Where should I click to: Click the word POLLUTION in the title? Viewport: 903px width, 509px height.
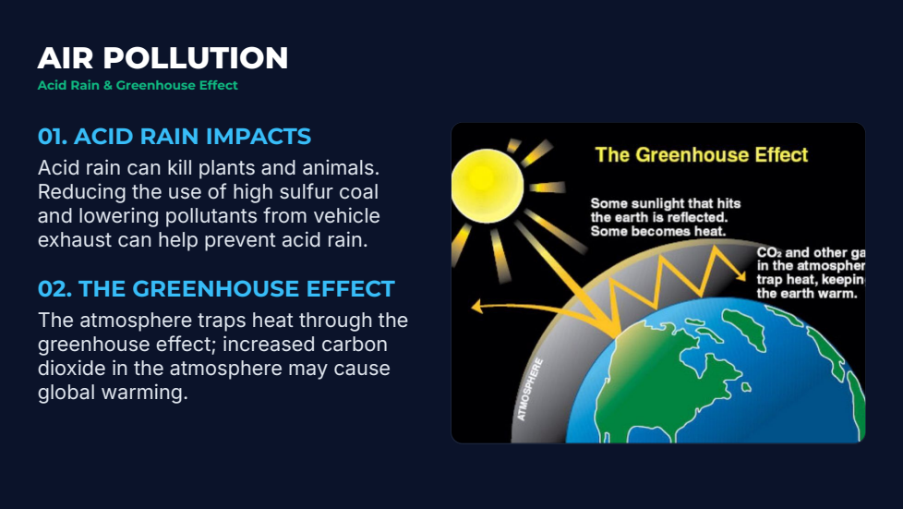(x=195, y=58)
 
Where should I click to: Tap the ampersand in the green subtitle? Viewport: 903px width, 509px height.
(x=108, y=85)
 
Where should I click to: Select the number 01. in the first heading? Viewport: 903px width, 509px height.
(x=53, y=137)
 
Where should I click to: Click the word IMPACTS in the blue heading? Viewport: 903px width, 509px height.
(x=259, y=137)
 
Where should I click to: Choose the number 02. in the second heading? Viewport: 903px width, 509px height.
(x=54, y=289)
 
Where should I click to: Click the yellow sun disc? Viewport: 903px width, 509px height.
(x=488, y=186)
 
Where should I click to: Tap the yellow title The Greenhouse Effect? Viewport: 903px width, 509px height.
(x=702, y=154)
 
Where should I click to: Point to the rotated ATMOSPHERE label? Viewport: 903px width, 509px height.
(x=530, y=390)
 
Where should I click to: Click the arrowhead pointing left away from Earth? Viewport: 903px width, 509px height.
(x=476, y=306)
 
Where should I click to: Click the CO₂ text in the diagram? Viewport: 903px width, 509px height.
(x=769, y=252)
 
